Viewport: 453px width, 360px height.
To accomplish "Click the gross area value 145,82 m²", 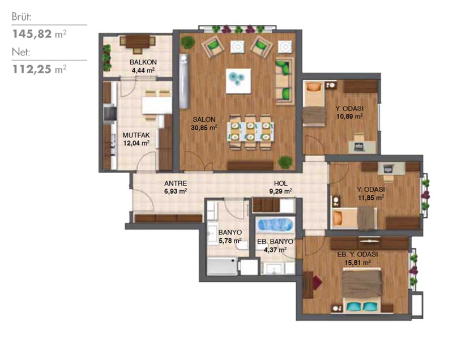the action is pyautogui.click(x=39, y=34).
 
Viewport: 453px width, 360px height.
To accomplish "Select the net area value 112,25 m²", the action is pyautogui.click(x=39, y=69).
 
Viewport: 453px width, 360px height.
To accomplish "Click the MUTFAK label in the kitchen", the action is pyautogui.click(x=136, y=135).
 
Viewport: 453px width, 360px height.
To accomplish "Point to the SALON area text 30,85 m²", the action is pyautogui.click(x=204, y=127).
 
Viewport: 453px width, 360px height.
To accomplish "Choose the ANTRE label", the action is pyautogui.click(x=176, y=183).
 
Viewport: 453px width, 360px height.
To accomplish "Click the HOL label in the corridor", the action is pyautogui.click(x=281, y=183).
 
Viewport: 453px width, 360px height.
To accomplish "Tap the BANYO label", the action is pyautogui.click(x=230, y=233).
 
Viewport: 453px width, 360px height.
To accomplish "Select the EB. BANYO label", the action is pyautogui.click(x=275, y=242).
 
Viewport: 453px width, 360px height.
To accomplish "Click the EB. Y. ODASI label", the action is pyautogui.click(x=358, y=254).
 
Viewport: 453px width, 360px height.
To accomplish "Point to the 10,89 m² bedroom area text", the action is pyautogui.click(x=349, y=117).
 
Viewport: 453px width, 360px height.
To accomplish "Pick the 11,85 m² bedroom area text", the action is pyautogui.click(x=371, y=198).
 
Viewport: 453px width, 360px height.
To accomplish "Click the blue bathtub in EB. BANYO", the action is pyautogui.click(x=275, y=224).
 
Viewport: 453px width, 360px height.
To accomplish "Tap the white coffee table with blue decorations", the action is pyautogui.click(x=238, y=81).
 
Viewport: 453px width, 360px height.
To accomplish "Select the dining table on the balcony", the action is pyautogui.click(x=138, y=42).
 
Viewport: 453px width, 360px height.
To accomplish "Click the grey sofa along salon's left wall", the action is pyautogui.click(x=183, y=82).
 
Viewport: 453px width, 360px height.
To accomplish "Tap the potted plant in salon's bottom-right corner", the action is pyautogui.click(x=285, y=162).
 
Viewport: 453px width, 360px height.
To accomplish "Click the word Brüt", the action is pyautogui.click(x=22, y=17).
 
